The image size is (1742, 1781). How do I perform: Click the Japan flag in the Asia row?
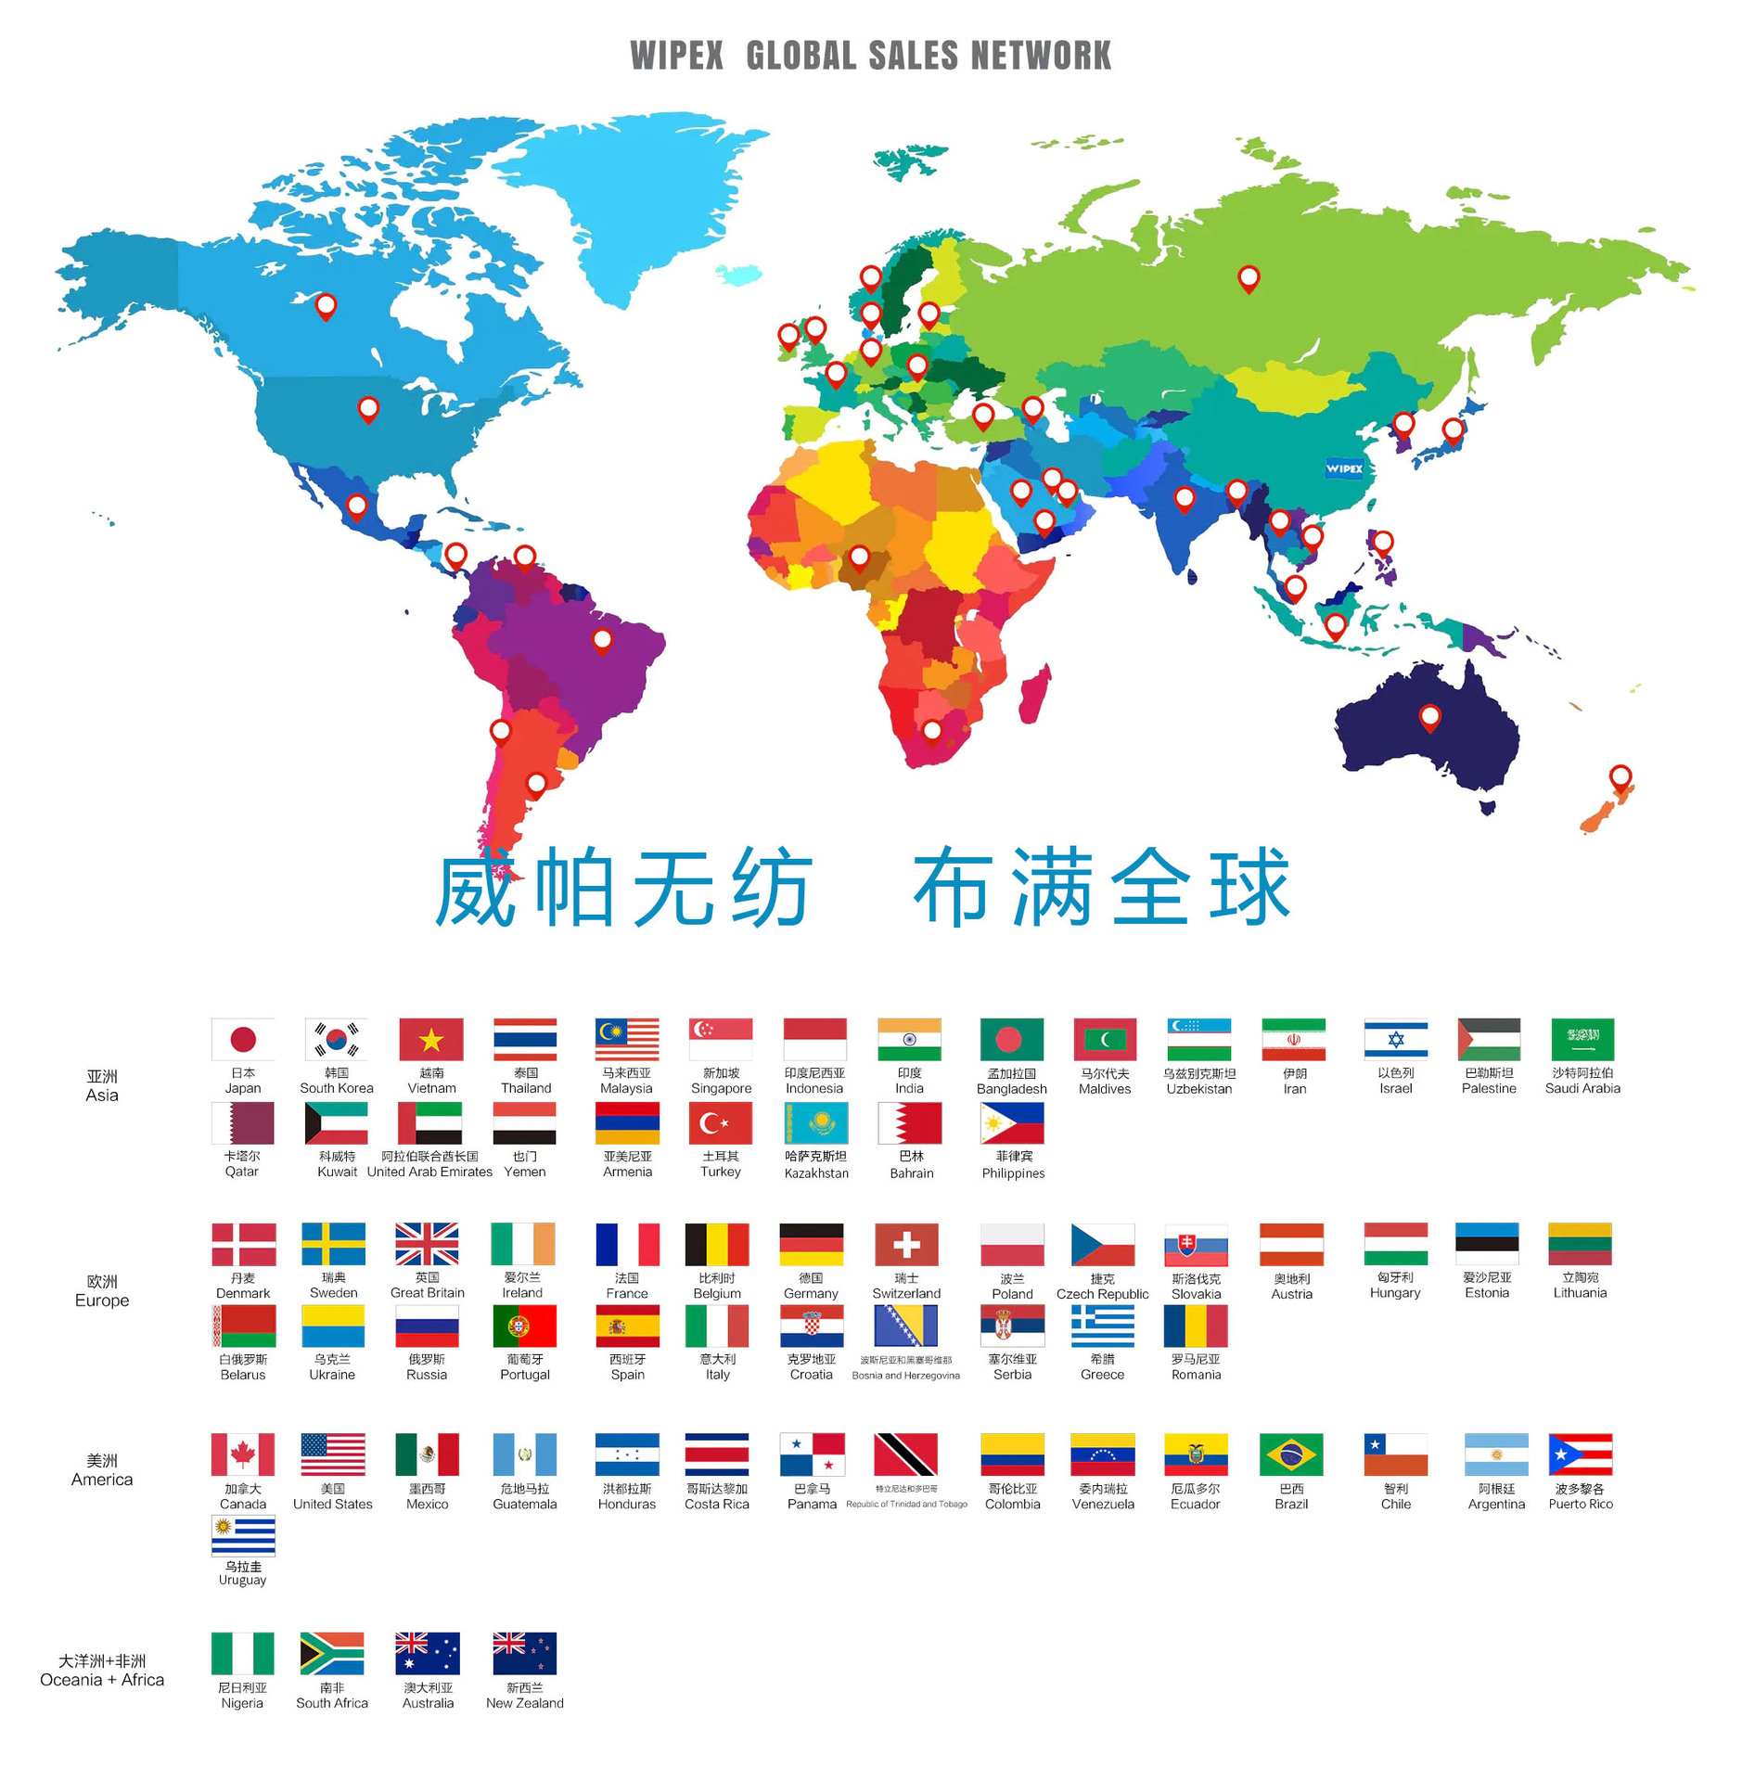point(243,1039)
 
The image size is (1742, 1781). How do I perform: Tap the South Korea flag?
point(336,1039)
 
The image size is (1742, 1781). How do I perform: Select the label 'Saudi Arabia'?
point(1582,1088)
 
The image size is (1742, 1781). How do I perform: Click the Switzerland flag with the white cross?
point(905,1244)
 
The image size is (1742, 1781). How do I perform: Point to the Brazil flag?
point(1290,1454)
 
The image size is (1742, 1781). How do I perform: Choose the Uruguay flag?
point(243,1535)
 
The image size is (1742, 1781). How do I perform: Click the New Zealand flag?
point(524,1653)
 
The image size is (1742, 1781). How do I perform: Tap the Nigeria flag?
point(243,1653)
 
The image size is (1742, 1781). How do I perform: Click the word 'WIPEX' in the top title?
point(676,56)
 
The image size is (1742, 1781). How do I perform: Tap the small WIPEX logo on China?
point(1344,468)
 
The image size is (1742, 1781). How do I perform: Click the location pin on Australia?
point(1429,716)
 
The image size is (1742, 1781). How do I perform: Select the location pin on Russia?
point(1249,276)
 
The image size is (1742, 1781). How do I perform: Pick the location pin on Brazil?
point(602,638)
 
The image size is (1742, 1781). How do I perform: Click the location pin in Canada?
point(326,304)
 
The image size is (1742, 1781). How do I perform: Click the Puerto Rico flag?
point(1580,1454)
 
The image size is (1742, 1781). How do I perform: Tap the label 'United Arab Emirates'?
point(429,1172)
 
